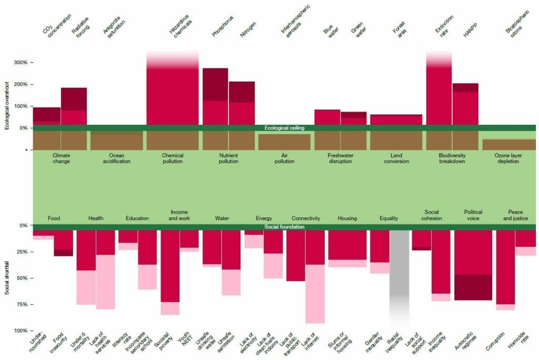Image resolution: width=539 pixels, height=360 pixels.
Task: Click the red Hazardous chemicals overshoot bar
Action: coord(172,95)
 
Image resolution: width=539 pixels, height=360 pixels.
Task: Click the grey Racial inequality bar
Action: coord(399,274)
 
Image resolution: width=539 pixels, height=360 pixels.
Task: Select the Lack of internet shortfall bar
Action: coord(315,274)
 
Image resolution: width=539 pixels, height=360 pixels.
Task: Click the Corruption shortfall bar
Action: coord(505,268)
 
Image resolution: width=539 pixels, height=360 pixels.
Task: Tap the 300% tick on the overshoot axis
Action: coord(24,63)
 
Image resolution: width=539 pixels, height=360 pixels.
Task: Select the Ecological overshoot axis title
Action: coord(7,106)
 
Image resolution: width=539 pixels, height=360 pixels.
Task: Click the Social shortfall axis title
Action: coord(7,274)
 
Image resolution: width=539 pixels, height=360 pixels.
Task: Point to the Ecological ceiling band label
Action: coord(284,128)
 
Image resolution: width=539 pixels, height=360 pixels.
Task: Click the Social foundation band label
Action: coord(284,227)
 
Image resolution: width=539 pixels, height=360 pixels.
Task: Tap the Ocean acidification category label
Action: coord(116,158)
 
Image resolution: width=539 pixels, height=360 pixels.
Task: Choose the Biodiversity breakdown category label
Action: coord(452,158)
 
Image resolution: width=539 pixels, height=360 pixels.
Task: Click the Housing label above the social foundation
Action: coord(347,218)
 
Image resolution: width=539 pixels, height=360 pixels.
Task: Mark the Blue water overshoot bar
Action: coord(327,117)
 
